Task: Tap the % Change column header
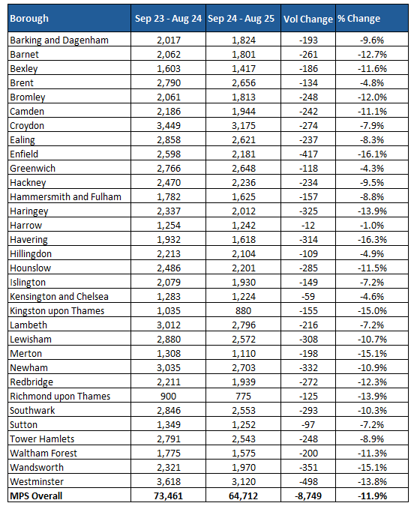point(358,19)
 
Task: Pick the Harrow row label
point(26,226)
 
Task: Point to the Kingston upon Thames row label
point(57,311)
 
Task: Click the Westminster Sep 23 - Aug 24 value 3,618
point(166,482)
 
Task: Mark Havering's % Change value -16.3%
point(370,240)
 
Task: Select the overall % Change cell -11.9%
point(370,496)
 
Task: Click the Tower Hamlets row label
point(43,439)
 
